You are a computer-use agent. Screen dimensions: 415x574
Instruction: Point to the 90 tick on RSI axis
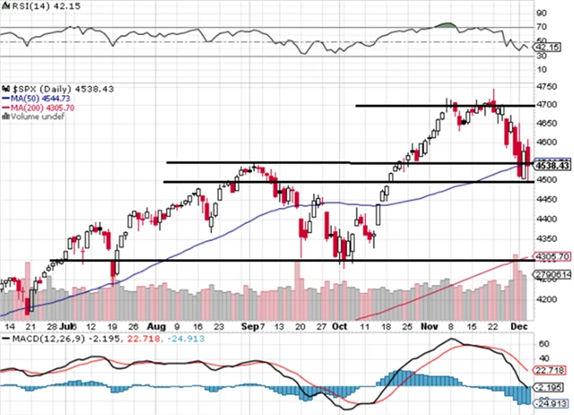pos(542,13)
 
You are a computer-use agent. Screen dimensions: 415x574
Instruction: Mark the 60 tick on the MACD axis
pos(542,343)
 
